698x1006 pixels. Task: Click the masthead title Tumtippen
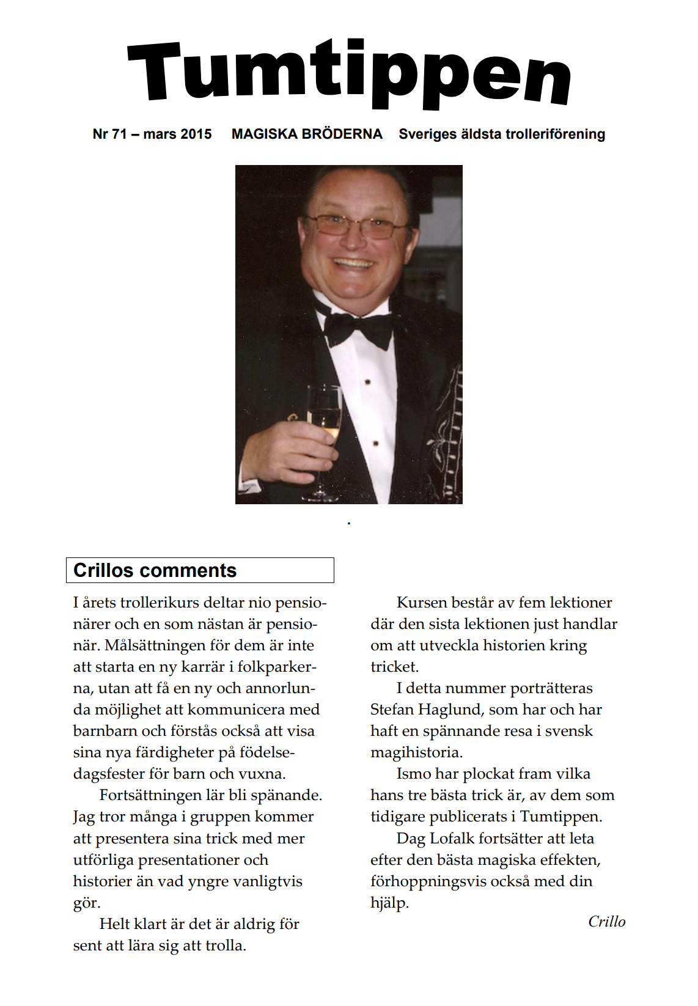349,73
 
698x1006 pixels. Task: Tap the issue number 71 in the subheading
119,134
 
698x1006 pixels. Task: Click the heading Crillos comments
155,570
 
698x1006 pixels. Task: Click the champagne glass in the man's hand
324,422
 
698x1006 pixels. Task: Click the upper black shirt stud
367,382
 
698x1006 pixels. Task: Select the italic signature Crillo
606,922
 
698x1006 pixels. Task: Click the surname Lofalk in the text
451,839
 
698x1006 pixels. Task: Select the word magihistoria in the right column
416,752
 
